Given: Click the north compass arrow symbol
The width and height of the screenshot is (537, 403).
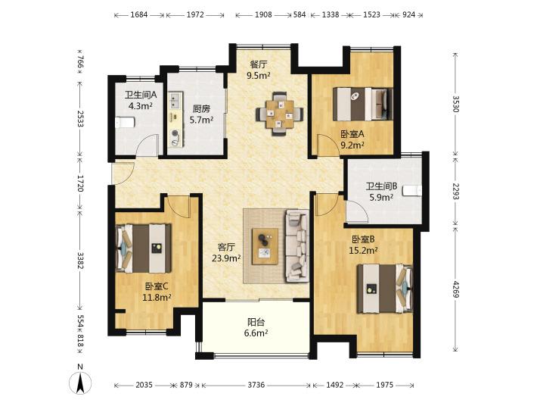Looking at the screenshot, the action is tap(80, 383).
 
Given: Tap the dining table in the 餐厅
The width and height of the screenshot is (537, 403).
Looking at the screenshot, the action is tap(280, 114).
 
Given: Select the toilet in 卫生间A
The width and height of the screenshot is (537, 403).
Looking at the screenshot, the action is tap(125, 122).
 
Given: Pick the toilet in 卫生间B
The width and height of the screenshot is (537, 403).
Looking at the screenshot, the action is tap(412, 191).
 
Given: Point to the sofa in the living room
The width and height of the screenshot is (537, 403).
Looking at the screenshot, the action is tap(296, 246).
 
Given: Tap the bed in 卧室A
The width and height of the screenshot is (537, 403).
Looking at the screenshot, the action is tap(363, 104).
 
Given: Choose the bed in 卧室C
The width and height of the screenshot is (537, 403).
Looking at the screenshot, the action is tap(144, 248).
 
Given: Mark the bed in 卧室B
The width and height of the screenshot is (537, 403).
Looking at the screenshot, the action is tap(385, 288).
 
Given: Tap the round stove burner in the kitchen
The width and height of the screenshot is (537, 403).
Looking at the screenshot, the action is tap(175, 133).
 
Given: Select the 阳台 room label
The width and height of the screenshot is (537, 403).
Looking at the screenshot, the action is tap(256, 322).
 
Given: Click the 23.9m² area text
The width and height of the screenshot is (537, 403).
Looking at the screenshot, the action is tap(226, 258).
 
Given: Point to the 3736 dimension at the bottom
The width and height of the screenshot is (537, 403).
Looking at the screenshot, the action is tap(256, 385).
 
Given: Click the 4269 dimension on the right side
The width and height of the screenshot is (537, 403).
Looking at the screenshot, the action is tap(455, 289).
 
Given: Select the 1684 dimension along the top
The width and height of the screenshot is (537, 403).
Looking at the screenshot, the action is tap(139, 14).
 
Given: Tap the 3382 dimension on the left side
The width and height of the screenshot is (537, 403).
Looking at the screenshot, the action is tap(80, 261).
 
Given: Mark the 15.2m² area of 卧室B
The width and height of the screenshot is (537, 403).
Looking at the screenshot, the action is tap(363, 251).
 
